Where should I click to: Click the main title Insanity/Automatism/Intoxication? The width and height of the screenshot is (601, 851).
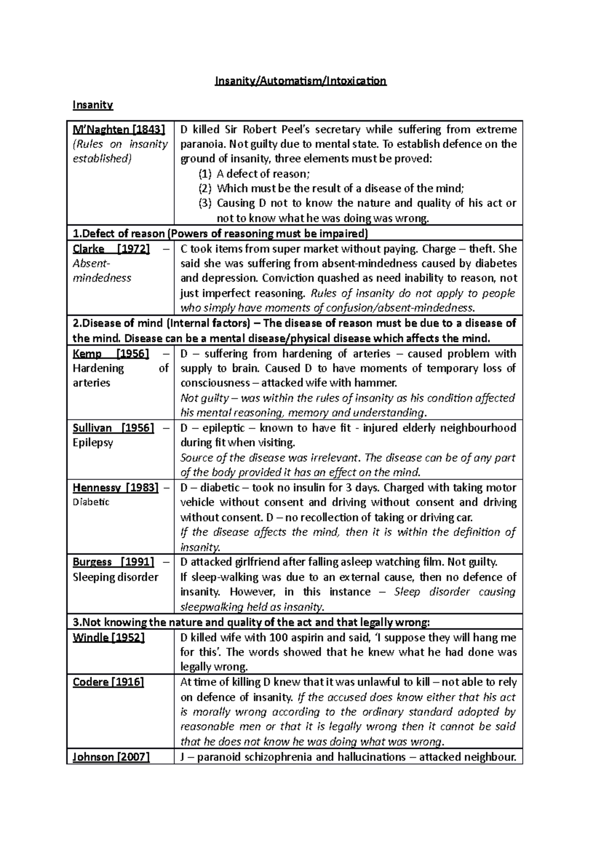coord(300,81)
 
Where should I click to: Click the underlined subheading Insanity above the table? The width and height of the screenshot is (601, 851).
coord(93,105)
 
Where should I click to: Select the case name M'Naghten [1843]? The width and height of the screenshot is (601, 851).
coord(119,129)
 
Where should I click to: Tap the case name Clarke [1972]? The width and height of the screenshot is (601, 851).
coord(111,249)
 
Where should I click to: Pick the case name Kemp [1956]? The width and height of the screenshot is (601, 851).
coord(111,354)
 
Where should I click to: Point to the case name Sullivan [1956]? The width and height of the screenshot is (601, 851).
coord(114,428)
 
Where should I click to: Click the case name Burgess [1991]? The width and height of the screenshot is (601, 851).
coord(114,562)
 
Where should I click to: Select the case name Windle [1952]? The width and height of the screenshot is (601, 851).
coord(109,637)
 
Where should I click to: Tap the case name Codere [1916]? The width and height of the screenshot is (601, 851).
coord(108,682)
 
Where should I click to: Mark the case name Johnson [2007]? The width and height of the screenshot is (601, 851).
coord(111,757)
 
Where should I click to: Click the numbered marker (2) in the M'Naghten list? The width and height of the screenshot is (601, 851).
coord(205,188)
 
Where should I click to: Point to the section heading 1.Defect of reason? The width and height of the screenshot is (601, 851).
coord(119,234)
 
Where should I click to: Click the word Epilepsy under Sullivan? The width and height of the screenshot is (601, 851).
coord(93,443)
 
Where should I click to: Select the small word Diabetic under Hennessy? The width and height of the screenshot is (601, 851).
coord(91,502)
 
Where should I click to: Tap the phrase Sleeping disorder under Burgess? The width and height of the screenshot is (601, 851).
coord(115,577)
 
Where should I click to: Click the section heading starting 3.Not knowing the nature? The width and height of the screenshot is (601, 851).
coord(250,622)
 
